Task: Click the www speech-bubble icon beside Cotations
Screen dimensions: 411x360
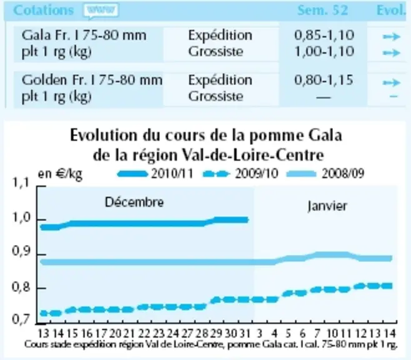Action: [x=101, y=11]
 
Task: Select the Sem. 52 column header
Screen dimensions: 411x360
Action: [x=323, y=11]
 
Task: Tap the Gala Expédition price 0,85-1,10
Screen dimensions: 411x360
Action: [x=324, y=35]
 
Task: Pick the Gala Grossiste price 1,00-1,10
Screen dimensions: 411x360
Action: [x=324, y=51]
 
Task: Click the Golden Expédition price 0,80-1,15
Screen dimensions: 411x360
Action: [x=324, y=80]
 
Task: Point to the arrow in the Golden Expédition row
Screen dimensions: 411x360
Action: [x=392, y=82]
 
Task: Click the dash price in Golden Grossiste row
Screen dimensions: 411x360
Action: [x=324, y=97]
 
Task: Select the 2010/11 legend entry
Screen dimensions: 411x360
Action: [x=155, y=174]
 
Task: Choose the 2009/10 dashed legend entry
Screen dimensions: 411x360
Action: [x=240, y=174]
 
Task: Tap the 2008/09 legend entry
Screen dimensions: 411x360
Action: [x=325, y=174]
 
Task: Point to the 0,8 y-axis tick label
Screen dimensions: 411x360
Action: [x=21, y=287]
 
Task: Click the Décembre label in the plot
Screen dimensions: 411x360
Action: [x=134, y=202]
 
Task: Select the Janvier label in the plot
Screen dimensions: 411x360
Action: [x=327, y=206]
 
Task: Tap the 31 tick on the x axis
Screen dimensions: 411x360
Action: [x=245, y=334]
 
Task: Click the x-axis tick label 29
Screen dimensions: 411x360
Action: [x=216, y=334]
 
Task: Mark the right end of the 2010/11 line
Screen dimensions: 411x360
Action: [x=247, y=220]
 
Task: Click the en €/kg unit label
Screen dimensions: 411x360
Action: [x=60, y=174]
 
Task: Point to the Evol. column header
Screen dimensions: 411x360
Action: [x=391, y=11]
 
